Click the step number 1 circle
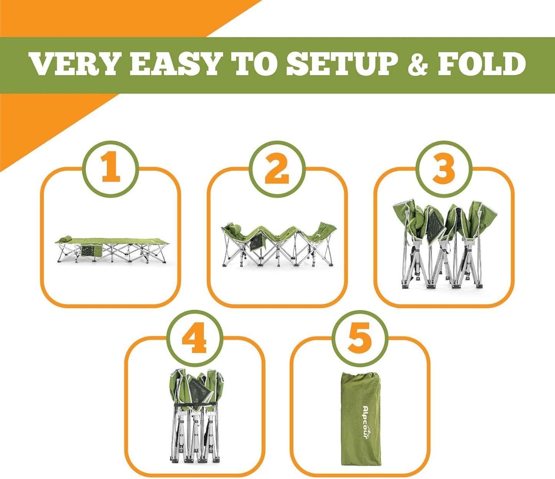[111, 169]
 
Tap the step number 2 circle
[277, 169]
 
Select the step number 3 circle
[444, 169]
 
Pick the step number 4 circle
[194, 338]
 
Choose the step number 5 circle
[360, 338]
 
